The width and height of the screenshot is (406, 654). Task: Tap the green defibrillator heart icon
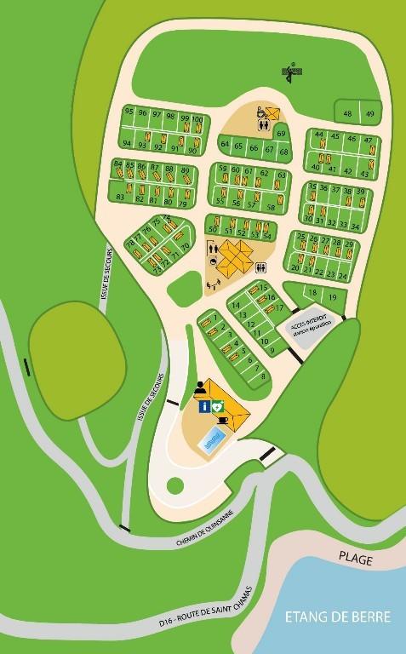click(219, 407)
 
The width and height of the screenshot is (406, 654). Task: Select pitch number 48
click(348, 113)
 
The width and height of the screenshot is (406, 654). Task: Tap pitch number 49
click(369, 113)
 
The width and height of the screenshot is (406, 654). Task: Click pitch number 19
click(332, 296)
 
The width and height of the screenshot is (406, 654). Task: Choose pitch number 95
click(129, 112)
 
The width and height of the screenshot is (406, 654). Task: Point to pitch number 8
click(264, 376)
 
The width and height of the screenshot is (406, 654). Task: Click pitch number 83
click(119, 198)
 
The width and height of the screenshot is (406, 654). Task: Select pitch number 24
click(343, 276)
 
